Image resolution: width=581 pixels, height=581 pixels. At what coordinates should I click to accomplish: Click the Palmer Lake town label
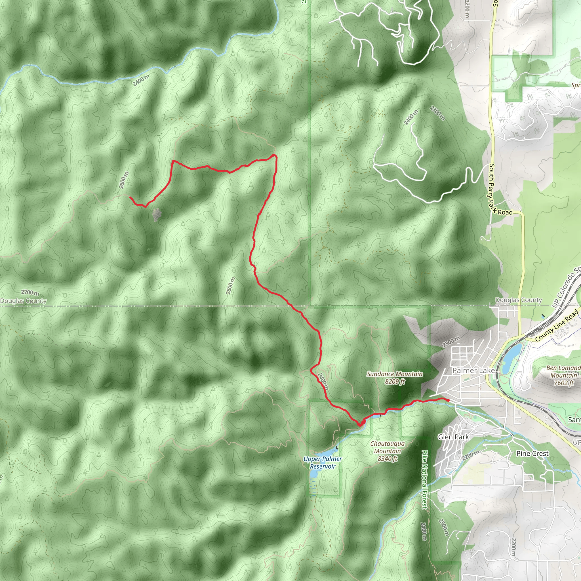[474, 371]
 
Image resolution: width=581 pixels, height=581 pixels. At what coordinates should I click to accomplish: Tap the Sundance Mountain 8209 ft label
[395, 378]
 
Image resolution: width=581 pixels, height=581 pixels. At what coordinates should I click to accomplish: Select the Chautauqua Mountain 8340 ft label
[387, 451]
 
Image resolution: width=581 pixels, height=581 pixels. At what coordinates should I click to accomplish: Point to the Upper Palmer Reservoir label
[322, 462]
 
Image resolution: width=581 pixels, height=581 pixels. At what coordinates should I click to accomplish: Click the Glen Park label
[453, 437]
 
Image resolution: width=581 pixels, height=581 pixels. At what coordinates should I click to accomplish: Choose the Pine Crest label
[532, 454]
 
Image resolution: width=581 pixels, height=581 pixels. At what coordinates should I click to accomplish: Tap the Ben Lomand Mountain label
[563, 375]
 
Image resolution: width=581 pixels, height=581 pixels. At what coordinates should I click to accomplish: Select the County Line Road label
[557, 326]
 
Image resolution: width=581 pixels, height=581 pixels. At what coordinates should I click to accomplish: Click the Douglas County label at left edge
[24, 301]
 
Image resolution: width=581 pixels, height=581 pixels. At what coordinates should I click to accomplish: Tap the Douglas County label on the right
[519, 300]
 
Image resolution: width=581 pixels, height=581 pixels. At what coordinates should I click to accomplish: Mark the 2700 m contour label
[30, 292]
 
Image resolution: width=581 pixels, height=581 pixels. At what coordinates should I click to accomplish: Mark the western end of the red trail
[130, 197]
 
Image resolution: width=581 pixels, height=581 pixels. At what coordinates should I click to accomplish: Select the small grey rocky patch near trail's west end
[156, 215]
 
